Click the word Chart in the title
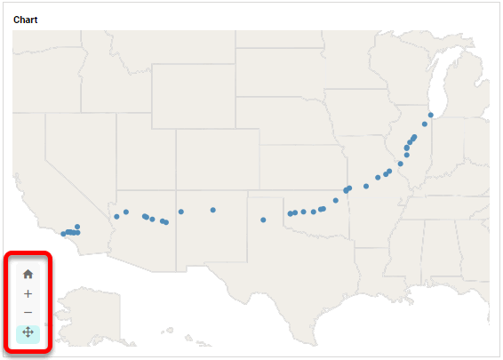pos(26,20)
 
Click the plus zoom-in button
pos(28,293)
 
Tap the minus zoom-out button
pos(28,313)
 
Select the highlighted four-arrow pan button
pos(28,332)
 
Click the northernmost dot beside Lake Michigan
pos(430,115)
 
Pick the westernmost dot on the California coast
pos(63,234)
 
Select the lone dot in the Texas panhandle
pos(263,220)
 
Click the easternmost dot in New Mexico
pos(213,210)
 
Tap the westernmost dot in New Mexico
pos(180,212)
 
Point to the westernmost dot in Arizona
pos(116,217)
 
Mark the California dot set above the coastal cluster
pos(77,227)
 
